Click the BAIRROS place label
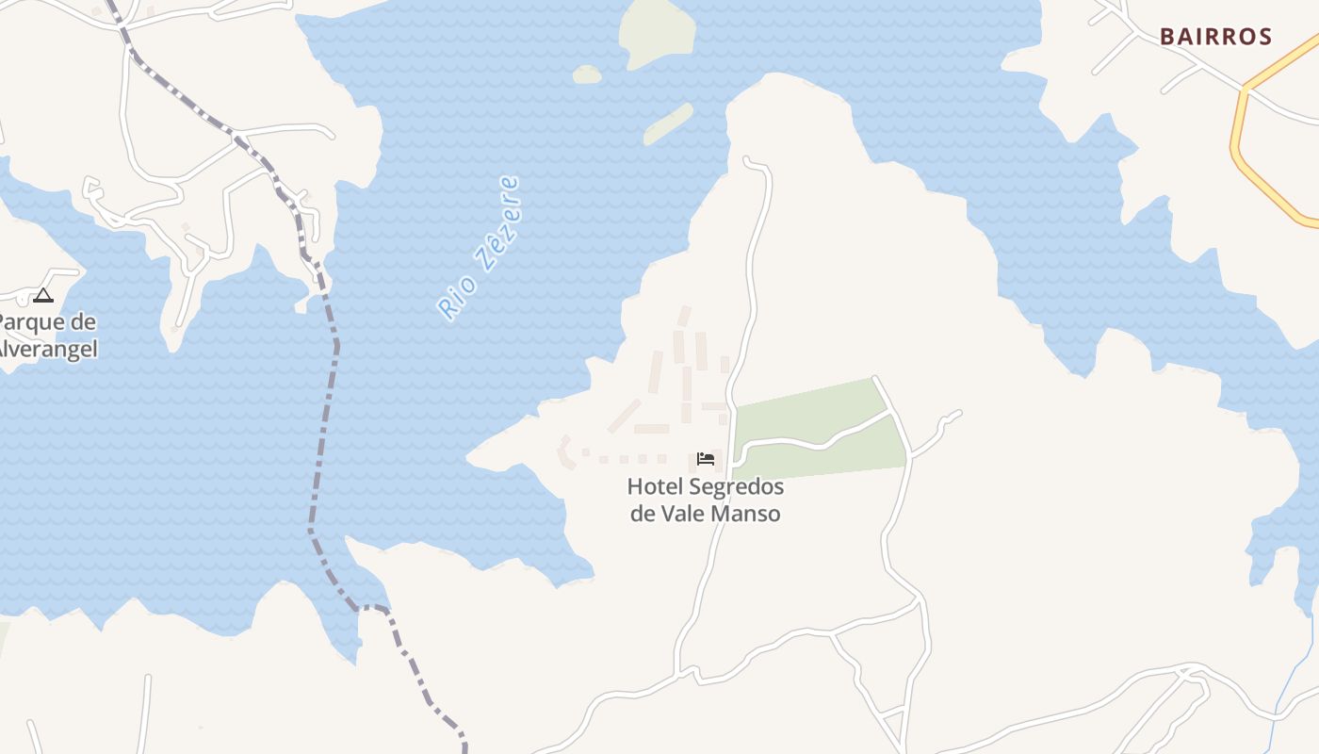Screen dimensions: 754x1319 coord(1215,37)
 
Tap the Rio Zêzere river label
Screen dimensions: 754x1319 coord(479,248)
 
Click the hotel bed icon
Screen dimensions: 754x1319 coord(706,459)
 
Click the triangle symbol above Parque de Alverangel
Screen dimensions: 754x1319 coord(43,296)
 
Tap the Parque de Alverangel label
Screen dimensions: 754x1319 coord(47,336)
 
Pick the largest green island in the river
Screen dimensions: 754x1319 coord(658,30)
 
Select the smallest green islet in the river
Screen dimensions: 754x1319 coord(587,74)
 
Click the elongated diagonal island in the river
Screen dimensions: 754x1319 coord(669,123)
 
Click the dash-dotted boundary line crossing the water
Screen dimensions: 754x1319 coord(325,424)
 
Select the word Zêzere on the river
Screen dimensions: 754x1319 coord(497,222)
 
